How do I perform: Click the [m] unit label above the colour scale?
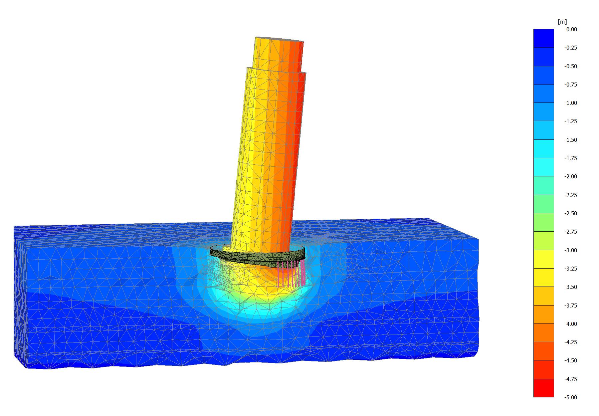click(x=562, y=22)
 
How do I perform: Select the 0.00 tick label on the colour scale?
click(x=572, y=29)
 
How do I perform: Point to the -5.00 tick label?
click(x=571, y=397)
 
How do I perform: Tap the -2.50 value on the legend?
click(x=571, y=213)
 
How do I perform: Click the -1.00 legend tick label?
click(x=571, y=103)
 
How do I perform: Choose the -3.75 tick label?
click(x=571, y=306)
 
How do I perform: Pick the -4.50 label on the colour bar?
click(x=571, y=360)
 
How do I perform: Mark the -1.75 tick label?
click(x=571, y=158)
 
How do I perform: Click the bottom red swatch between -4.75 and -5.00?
click(x=544, y=388)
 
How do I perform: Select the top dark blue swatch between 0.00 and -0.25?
click(x=544, y=38)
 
